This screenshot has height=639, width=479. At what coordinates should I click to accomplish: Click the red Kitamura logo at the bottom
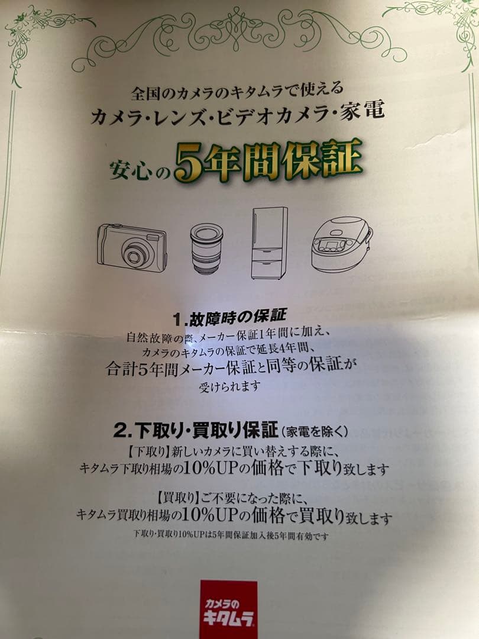(228, 609)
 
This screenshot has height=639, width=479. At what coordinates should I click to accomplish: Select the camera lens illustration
(206, 248)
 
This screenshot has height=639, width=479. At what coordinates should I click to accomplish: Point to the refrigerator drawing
(269, 243)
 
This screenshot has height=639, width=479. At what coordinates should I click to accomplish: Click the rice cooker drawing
(342, 244)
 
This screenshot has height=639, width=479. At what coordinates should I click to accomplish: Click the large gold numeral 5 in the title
(189, 165)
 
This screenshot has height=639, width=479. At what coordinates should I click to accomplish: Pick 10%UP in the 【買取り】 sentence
(205, 515)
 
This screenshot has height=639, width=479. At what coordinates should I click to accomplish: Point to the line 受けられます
(229, 386)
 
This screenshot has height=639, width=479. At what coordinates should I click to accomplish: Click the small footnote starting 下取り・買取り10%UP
(231, 535)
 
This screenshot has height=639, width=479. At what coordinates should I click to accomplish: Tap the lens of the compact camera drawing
(133, 256)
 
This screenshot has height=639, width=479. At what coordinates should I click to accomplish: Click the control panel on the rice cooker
(332, 246)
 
